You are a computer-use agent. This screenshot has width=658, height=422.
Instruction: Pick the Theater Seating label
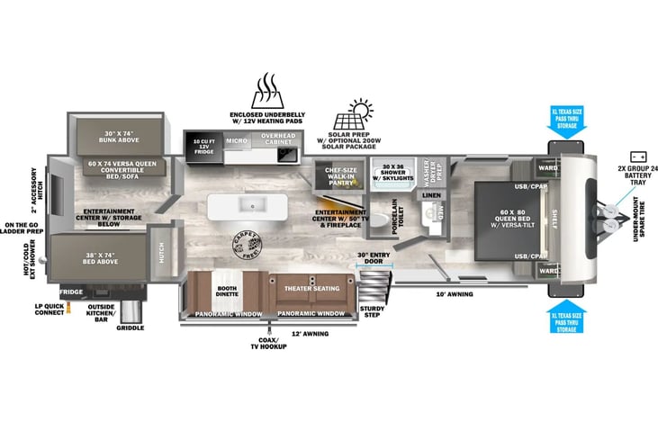312,289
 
